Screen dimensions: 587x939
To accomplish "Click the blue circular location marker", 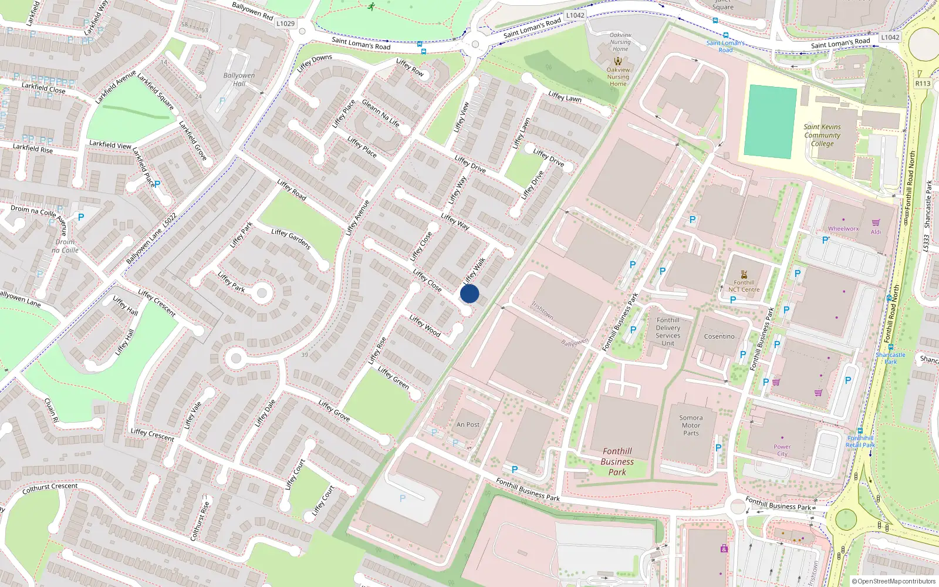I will pos(469,293).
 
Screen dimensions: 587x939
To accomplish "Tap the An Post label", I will pos(468,424).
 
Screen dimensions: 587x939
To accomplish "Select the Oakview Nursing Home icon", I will pos(618,61).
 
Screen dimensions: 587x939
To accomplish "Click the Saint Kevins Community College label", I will pos(822,135).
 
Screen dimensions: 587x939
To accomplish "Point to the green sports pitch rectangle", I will pos(770,122).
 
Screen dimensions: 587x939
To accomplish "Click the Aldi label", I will pos(876,232).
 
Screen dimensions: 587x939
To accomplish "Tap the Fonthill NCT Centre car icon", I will pos(744,274).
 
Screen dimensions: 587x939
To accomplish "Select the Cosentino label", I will pos(720,336).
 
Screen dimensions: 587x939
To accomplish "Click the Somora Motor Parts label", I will pos(691,426).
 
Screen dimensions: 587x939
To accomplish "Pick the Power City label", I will pos(782,450).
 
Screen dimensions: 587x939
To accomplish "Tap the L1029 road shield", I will pos(285,23).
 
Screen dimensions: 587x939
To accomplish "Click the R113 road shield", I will pos(923,83).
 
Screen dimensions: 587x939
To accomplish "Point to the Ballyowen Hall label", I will pos(239,79).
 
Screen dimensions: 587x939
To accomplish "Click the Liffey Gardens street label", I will pos(291,239).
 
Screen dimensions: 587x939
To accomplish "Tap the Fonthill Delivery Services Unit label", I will pos(668,332).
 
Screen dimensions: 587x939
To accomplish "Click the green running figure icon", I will pos(371,6).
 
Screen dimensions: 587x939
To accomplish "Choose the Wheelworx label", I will pos(843,229).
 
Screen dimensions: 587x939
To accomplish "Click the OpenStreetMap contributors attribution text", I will pos(894,581).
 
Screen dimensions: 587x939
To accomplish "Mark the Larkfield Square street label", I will pos(156,91).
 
